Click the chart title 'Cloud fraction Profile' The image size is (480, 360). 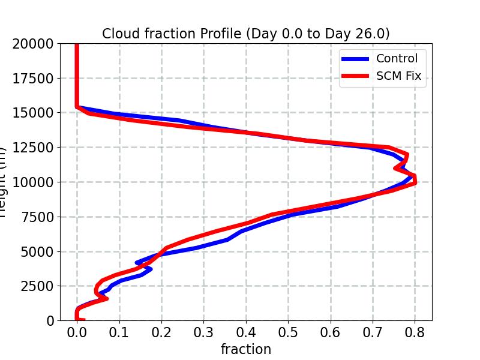(245, 34)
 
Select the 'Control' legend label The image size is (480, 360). (397, 58)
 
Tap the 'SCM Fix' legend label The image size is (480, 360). (398, 76)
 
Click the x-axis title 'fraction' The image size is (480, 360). (245, 349)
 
